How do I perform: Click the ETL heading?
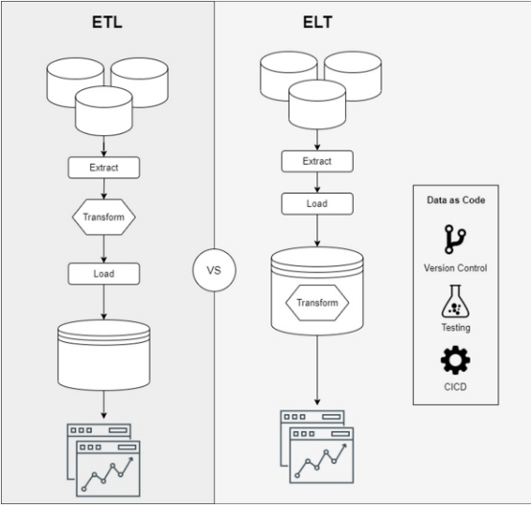click(x=107, y=22)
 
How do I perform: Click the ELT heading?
click(x=317, y=22)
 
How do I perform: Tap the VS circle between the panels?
click(x=214, y=270)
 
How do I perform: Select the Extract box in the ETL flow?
click(x=104, y=168)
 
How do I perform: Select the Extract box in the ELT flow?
click(x=317, y=161)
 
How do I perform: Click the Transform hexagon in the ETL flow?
click(x=104, y=217)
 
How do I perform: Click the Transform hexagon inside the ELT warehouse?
click(x=317, y=303)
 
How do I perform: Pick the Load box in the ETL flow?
click(x=104, y=274)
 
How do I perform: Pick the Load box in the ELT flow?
click(x=317, y=203)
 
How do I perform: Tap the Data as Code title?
click(x=456, y=200)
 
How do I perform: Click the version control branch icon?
click(x=455, y=240)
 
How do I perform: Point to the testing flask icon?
click(x=455, y=301)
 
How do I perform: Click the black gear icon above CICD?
click(x=455, y=360)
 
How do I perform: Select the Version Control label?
click(x=455, y=268)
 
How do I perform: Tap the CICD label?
click(x=455, y=387)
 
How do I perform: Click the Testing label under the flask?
click(x=456, y=328)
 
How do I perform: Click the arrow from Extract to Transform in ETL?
click(x=104, y=189)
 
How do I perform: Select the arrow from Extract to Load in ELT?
click(x=317, y=182)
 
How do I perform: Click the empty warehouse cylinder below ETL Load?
click(x=104, y=355)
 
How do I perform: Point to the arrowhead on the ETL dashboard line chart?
click(x=130, y=460)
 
